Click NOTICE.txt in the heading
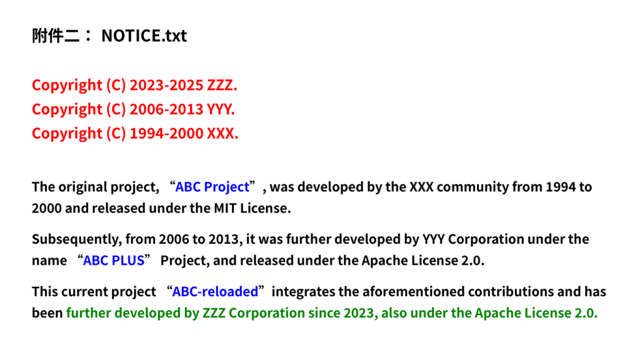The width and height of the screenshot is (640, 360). tap(144, 36)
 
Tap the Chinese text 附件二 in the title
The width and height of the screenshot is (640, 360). tap(56, 36)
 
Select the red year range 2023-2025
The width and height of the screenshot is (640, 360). tap(166, 85)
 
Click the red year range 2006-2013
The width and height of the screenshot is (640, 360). tap(166, 109)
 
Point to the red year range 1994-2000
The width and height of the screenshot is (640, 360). tap(166, 134)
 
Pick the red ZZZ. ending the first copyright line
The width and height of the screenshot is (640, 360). tap(222, 85)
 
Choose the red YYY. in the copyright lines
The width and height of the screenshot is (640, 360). tap(221, 109)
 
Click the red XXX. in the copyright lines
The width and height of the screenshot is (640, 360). tap(222, 134)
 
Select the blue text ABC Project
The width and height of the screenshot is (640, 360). tap(212, 187)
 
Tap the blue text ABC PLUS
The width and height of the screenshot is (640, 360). tap(114, 261)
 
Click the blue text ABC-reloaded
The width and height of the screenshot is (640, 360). tap(215, 292)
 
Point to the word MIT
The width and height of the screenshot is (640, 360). tap(225, 208)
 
